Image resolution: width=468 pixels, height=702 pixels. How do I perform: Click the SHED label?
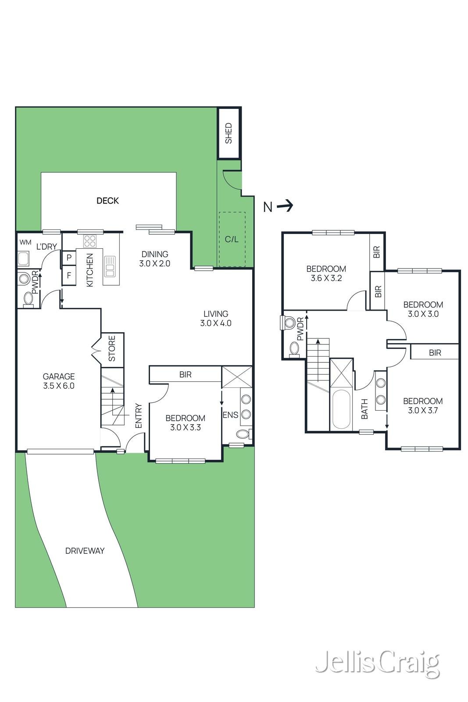pyautogui.click(x=229, y=133)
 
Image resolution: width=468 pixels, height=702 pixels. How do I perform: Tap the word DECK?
pyautogui.click(x=108, y=201)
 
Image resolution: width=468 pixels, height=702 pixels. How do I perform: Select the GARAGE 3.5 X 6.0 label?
pyautogui.click(x=59, y=381)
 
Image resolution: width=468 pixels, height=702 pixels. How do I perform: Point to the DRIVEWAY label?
pyautogui.click(x=85, y=551)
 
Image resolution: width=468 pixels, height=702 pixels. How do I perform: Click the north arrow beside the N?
pyautogui.click(x=285, y=206)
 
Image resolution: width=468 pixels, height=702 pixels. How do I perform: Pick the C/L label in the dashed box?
pyautogui.click(x=232, y=240)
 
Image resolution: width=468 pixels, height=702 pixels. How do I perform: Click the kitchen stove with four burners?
pyautogui.click(x=89, y=241)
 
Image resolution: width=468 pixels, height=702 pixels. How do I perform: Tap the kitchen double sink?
pyautogui.click(x=110, y=267)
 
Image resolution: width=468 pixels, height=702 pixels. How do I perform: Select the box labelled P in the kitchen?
pyautogui.click(x=69, y=258)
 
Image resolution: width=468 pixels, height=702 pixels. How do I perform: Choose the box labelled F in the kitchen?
pyautogui.click(x=69, y=275)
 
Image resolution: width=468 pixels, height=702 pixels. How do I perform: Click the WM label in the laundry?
pyautogui.click(x=25, y=242)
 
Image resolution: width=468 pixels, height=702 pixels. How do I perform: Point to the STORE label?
pyautogui.click(x=112, y=348)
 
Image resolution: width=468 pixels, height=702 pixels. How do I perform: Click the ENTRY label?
pyautogui.click(x=139, y=416)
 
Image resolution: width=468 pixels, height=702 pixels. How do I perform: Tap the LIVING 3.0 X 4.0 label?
pyautogui.click(x=216, y=319)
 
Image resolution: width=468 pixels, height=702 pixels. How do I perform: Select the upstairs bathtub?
pyautogui.click(x=341, y=409)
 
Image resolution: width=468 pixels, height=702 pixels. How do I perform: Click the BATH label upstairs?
pyautogui.click(x=364, y=409)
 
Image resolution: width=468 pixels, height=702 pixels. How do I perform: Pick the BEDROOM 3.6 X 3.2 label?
pyautogui.click(x=326, y=273)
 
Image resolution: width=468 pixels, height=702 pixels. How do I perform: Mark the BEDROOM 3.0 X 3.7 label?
pyautogui.click(x=423, y=405)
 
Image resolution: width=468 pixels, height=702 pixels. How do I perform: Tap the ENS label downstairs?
pyautogui.click(x=231, y=415)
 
